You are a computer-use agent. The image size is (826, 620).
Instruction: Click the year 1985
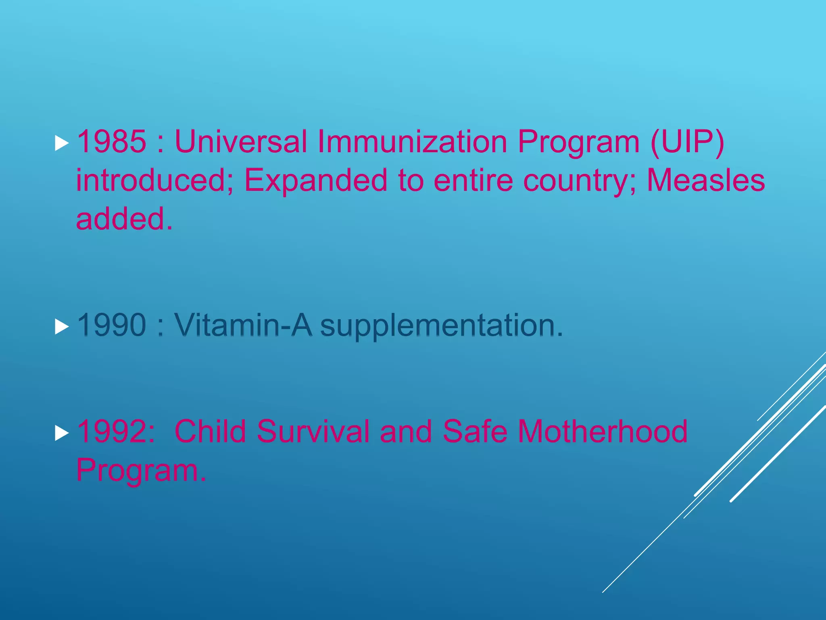click(x=111, y=142)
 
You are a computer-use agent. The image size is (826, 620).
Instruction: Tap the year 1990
click(x=111, y=325)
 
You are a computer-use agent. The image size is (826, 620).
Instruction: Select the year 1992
click(x=115, y=431)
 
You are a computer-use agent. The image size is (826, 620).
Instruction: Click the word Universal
click(x=241, y=142)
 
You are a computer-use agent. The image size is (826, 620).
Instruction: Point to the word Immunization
click(x=412, y=142)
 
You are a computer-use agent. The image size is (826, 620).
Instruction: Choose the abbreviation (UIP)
click(x=687, y=142)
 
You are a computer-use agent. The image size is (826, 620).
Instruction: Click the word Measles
click(x=706, y=180)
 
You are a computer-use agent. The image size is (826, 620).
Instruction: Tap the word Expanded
click(x=316, y=180)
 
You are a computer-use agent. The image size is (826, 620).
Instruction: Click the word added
click(x=124, y=219)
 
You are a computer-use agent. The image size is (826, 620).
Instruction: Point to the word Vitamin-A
click(x=243, y=325)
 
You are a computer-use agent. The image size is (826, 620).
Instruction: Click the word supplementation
click(x=441, y=326)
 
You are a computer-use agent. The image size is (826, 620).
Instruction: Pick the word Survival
click(x=313, y=431)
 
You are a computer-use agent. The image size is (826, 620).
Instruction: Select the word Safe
click(x=475, y=431)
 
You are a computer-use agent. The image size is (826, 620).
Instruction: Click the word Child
click(x=210, y=431)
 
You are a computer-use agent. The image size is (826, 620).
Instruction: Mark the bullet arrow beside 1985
click(x=61, y=143)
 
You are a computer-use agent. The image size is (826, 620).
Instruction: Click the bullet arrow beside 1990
click(x=61, y=327)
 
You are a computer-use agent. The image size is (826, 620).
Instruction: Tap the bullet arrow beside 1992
click(x=61, y=433)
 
